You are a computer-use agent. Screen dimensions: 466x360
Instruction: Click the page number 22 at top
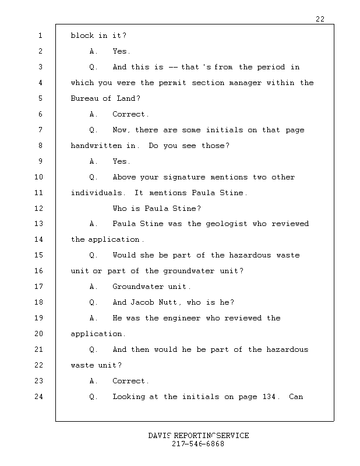click(320, 19)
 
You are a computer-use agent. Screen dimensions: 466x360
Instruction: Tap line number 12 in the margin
click(39, 209)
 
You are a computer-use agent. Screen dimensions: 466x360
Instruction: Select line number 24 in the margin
click(39, 397)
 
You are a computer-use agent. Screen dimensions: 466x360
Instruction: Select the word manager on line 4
click(245, 83)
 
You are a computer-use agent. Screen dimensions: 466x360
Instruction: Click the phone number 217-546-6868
click(198, 444)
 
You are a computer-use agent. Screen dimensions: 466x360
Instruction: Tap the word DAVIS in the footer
click(159, 436)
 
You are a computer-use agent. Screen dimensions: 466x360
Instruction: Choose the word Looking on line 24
click(129, 397)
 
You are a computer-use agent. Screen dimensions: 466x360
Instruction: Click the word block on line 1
click(82, 36)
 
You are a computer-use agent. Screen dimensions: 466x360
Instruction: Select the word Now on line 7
click(121, 130)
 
